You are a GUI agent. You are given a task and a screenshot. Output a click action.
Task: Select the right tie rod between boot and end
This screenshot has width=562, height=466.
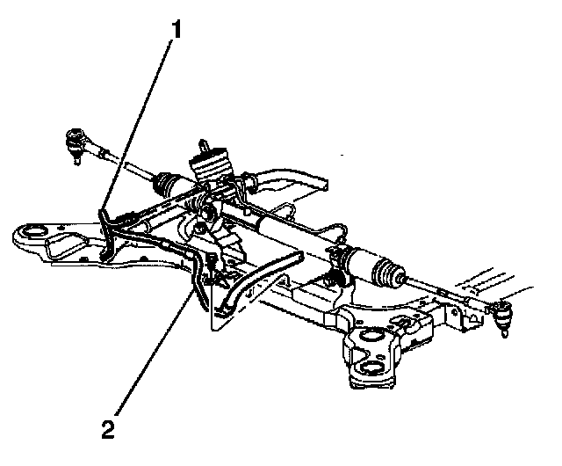pos(448,290)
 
